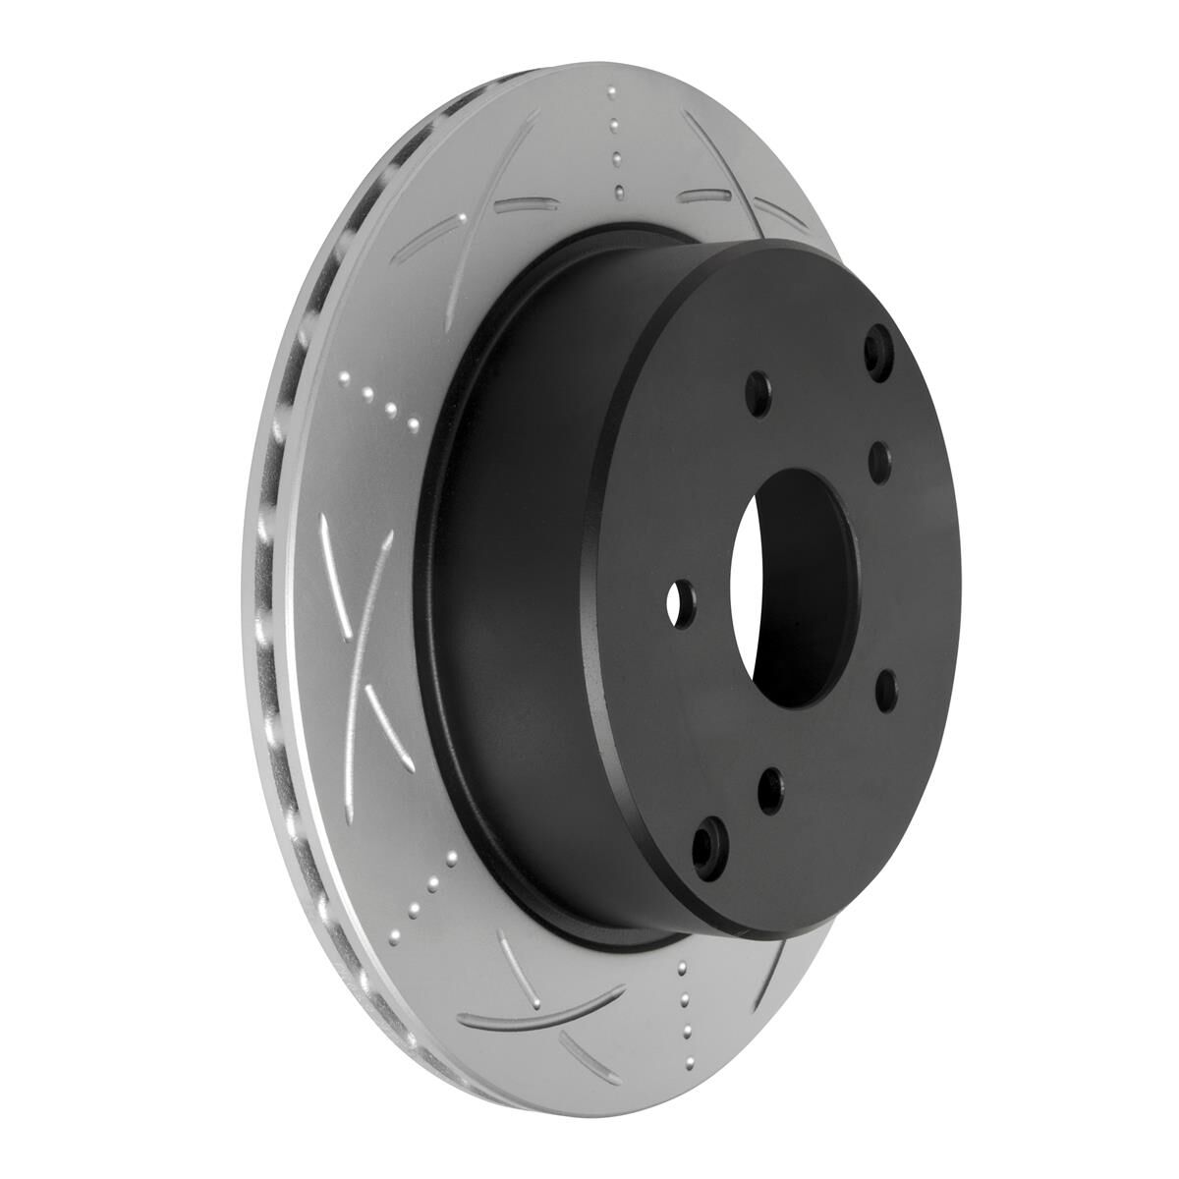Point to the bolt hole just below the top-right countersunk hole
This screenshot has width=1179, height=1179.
878,456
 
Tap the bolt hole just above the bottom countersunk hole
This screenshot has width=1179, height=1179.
771,786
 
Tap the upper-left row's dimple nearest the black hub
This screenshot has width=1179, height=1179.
414,424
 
